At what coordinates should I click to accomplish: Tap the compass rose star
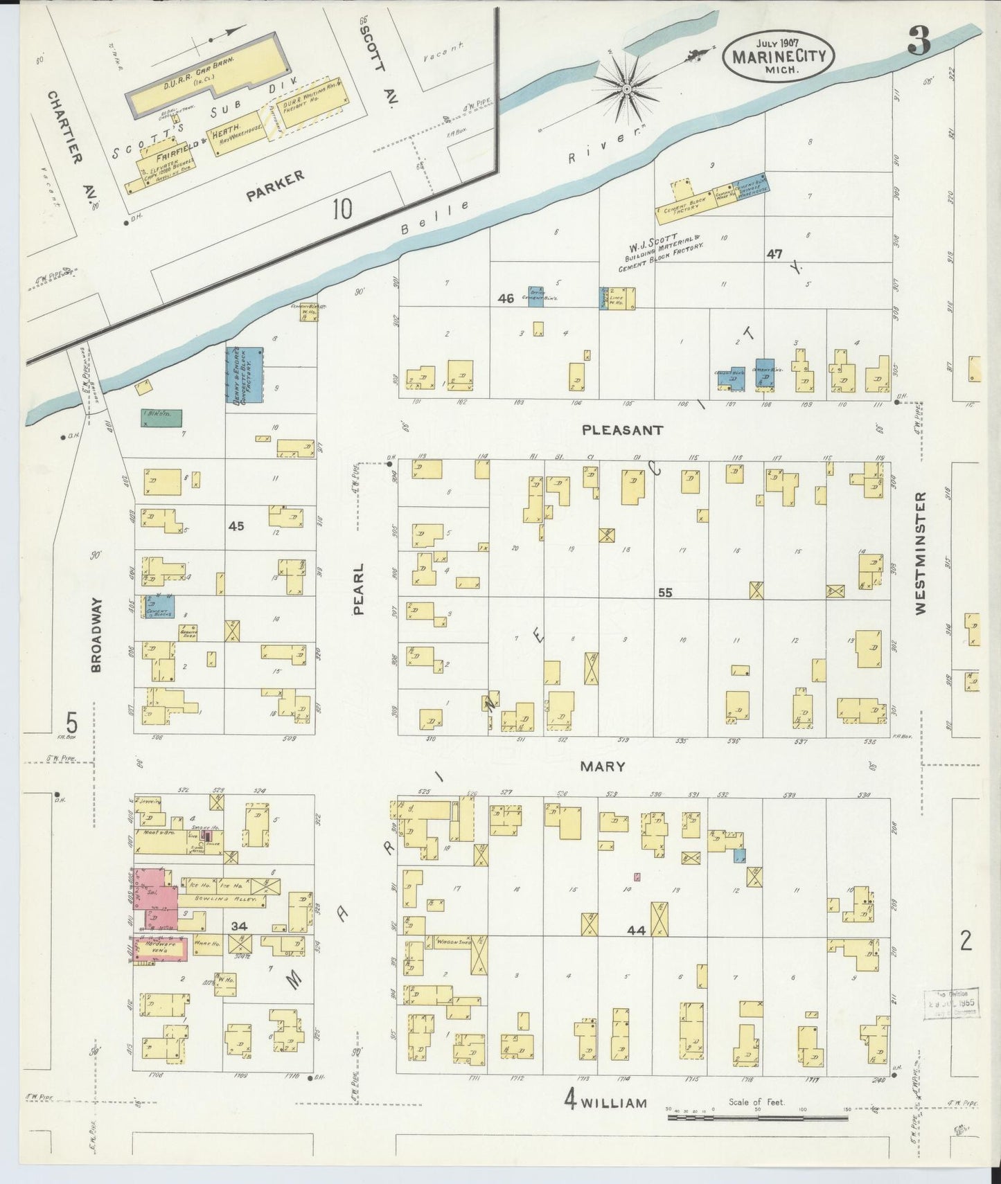[x=626, y=89]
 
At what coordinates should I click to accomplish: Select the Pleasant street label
[x=622, y=430]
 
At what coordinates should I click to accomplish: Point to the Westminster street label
[x=920, y=553]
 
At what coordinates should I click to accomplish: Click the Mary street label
[x=602, y=766]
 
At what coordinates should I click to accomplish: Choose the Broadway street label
[x=96, y=634]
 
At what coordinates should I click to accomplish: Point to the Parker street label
[x=275, y=187]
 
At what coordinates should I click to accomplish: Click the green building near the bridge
[x=161, y=417]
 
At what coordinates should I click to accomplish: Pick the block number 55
[x=665, y=593]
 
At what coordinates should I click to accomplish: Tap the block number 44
[x=635, y=931]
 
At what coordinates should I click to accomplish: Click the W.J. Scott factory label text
[x=663, y=253]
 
